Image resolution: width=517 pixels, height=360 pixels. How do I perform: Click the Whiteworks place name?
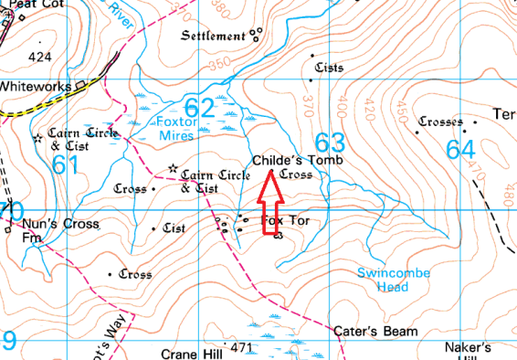tap(37, 86)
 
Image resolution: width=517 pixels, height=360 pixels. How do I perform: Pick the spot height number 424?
tap(40, 58)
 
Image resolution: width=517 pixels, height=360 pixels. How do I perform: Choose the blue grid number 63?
tap(330, 143)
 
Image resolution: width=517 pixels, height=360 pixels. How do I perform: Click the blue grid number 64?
tap(460, 147)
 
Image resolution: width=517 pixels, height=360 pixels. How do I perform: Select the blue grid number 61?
tap(66, 165)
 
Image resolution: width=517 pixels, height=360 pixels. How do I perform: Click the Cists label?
tap(326, 68)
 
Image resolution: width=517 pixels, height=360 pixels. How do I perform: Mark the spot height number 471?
tap(241, 348)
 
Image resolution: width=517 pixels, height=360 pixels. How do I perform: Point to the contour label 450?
tap(400, 111)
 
